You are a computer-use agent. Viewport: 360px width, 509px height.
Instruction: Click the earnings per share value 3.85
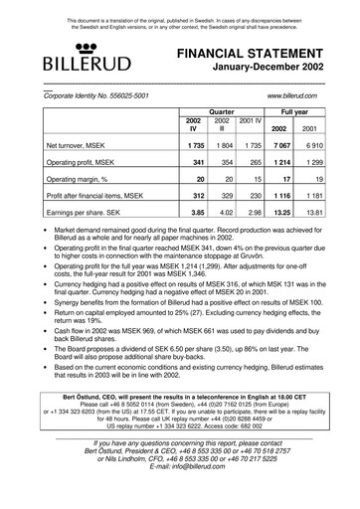pyautogui.click(x=197, y=212)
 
